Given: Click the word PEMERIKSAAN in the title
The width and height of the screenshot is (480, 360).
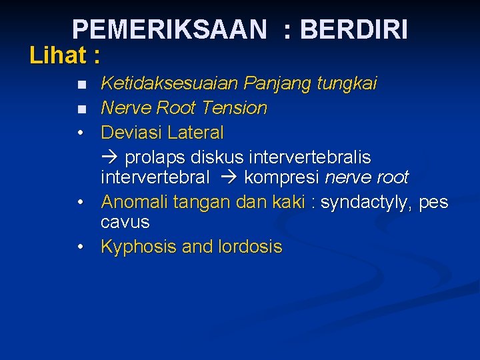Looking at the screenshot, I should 169,30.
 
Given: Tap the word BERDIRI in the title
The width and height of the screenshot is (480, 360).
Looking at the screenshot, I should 354,30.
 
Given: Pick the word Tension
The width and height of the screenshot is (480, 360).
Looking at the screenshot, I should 234,108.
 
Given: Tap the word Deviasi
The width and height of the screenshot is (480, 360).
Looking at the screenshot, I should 131,133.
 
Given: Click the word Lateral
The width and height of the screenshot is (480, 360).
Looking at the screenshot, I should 195,133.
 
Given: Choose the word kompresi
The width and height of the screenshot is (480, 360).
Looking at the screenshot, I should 282,178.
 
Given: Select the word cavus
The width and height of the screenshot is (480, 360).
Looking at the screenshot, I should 125,222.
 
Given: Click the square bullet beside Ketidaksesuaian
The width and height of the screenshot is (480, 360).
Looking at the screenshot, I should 81,85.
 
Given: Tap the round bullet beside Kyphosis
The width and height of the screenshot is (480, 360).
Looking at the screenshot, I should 80,247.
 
